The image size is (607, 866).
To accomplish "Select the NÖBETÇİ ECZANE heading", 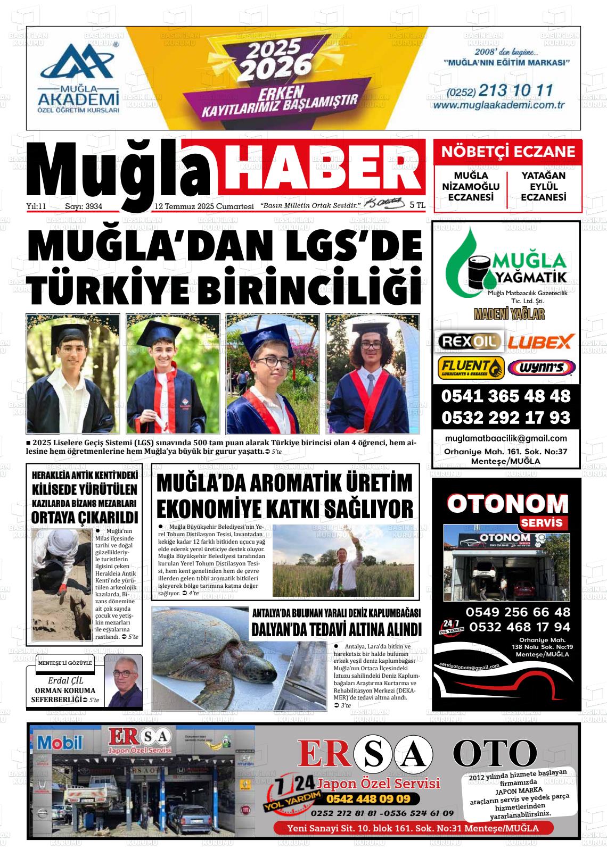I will [508, 152].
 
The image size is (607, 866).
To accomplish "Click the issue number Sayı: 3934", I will [83, 206].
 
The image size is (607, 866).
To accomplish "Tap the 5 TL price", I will [417, 205].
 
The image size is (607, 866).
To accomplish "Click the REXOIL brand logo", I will [469, 341].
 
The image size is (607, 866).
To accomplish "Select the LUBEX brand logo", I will [540, 342].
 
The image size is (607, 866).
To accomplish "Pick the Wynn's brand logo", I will [541, 368].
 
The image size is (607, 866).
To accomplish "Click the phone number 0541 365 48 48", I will [505, 396].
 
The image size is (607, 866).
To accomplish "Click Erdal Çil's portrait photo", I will [123, 681].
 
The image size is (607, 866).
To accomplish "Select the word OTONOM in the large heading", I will [507, 504].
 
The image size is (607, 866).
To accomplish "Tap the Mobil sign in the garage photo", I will [60, 742].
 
